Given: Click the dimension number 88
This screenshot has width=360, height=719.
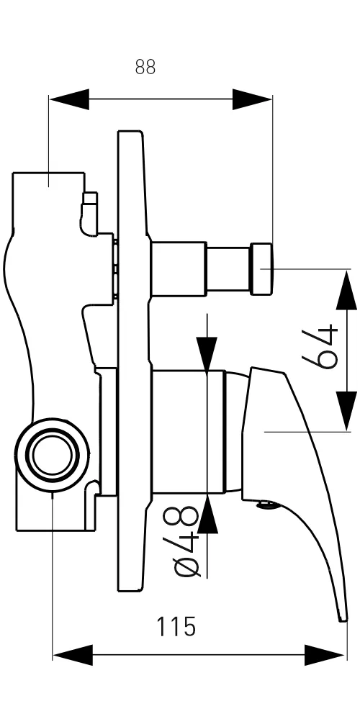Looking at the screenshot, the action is pos(145,67).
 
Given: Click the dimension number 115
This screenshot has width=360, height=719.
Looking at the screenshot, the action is pos(176,627).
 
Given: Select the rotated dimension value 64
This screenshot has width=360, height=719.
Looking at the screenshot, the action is pos(320,347).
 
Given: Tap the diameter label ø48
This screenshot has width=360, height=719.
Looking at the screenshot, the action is pos(186,541).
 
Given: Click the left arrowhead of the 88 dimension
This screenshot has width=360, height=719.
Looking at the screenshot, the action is pos(69,99).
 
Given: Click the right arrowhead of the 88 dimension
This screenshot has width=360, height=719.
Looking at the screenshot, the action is pos(252,99).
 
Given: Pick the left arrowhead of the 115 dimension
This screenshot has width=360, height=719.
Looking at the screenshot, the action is pos(73,655).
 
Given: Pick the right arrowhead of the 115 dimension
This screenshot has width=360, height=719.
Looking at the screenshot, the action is pos(324,655).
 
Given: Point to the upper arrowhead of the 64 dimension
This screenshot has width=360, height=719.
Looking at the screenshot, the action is pos(346,290).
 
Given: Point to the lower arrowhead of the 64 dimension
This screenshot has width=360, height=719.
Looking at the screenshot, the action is pos(346,411).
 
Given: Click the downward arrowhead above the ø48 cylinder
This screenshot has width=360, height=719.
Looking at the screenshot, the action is pos(207,353).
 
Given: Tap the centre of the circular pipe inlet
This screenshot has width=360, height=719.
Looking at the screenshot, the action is pos(53,456).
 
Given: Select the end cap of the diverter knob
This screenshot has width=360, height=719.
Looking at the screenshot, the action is pos(261,268).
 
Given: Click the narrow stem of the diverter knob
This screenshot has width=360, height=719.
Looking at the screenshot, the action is pos(228,268).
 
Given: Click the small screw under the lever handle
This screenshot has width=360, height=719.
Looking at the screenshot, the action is pos(266,505).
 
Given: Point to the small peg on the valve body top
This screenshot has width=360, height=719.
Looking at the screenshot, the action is pos(89,213).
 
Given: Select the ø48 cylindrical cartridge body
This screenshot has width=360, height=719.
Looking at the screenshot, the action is pos(189,432).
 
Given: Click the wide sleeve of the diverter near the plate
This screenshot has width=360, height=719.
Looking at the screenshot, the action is pos(179,268).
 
